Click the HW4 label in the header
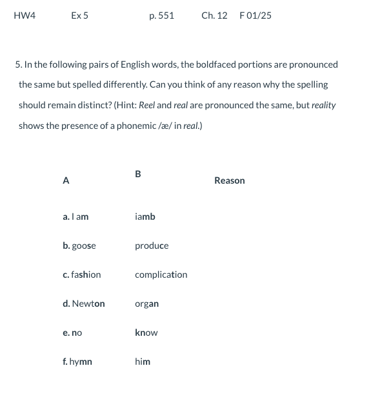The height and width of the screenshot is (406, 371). point(25,15)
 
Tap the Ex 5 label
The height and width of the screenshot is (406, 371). point(80,15)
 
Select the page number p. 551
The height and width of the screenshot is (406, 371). point(161,15)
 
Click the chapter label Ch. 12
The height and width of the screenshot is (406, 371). point(214,15)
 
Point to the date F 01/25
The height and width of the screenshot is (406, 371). point(255,15)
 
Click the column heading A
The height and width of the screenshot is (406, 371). point(66,181)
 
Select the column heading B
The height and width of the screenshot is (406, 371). point(138,173)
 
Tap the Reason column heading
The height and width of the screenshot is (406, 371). point(229,181)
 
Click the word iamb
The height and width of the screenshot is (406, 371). point(145,217)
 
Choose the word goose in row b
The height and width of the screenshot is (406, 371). point(84,246)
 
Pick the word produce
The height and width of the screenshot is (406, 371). point(152,246)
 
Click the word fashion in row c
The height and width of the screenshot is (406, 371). point(86,275)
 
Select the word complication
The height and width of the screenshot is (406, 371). point(161,275)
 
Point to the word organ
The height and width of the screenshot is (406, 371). point(147,304)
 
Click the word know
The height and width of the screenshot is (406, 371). point(146,333)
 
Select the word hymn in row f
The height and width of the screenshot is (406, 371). point(81,362)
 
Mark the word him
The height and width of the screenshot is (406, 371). point(143,362)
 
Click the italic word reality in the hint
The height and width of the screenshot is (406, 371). point(323,105)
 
